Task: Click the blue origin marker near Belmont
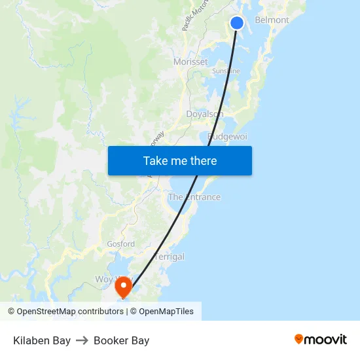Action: click(x=237, y=23)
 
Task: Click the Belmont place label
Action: click(x=272, y=20)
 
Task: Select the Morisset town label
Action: click(x=190, y=62)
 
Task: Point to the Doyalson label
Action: click(x=205, y=114)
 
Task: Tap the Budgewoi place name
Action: click(x=227, y=137)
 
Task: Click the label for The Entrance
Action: click(x=194, y=197)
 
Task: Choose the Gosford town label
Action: click(x=120, y=244)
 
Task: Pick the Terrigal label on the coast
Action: click(x=169, y=257)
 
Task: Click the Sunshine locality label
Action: click(x=226, y=71)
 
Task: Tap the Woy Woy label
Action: click(x=107, y=279)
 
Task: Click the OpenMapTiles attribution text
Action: click(x=166, y=312)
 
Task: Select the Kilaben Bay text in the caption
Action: click(x=42, y=340)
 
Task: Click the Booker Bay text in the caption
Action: click(x=121, y=340)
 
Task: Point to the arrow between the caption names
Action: click(x=82, y=340)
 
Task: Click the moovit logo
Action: click(x=320, y=339)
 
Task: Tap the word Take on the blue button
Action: click(x=155, y=161)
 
